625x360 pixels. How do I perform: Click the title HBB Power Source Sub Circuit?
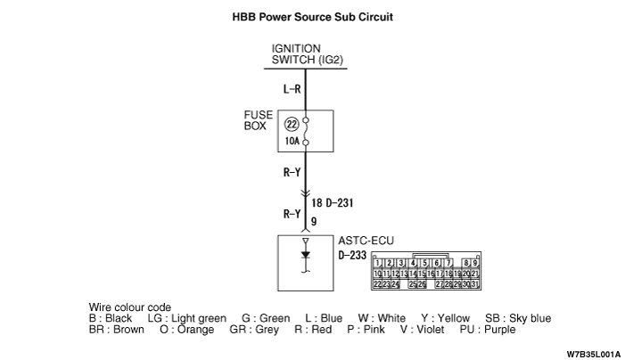(x=312, y=17)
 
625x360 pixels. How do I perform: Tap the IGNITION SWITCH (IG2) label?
(x=308, y=54)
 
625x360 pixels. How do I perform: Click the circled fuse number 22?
(x=292, y=126)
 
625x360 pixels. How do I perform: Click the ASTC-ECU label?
(x=366, y=240)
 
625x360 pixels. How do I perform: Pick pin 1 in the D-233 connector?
(x=379, y=263)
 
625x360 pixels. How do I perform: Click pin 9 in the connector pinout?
(x=475, y=263)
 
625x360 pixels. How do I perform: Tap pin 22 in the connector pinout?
(x=379, y=283)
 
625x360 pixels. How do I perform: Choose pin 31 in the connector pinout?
(x=475, y=283)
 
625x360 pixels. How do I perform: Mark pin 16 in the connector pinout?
(x=432, y=274)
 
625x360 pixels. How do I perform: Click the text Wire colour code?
(x=130, y=307)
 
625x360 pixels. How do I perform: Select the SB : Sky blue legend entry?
(x=518, y=318)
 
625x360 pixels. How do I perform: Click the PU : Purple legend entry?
(x=486, y=329)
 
